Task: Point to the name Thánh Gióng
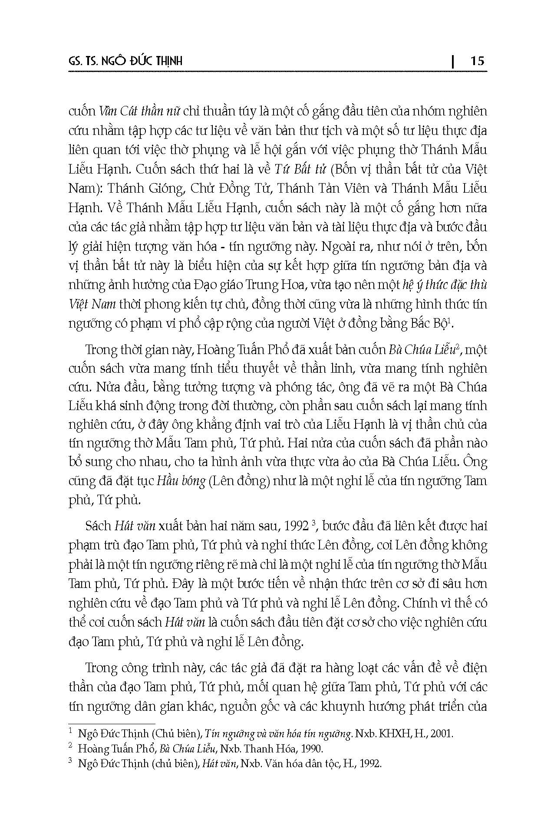click(135, 188)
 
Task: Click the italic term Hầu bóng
click(181, 481)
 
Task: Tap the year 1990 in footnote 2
click(312, 749)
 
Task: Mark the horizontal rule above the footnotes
click(112, 724)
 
